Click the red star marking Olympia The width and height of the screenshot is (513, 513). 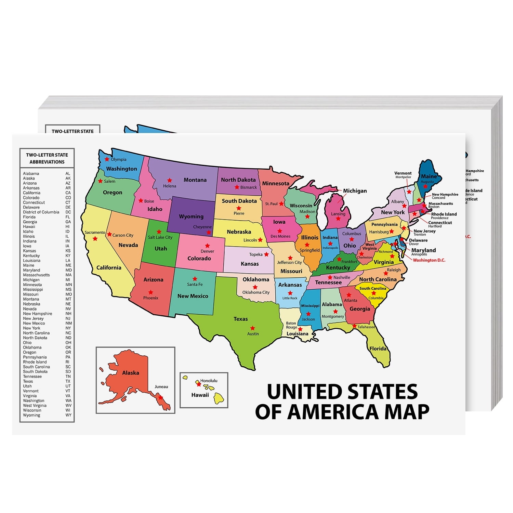[x=107, y=159]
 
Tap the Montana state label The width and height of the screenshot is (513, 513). [x=195, y=180]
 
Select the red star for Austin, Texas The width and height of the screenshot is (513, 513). [x=252, y=328]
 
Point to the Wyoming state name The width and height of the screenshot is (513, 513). [x=191, y=216]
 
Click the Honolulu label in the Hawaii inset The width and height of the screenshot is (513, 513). [x=209, y=381]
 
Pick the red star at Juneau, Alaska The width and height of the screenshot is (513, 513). [x=160, y=397]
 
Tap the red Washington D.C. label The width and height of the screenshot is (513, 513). [x=429, y=260]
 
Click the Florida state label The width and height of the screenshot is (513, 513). [x=378, y=348]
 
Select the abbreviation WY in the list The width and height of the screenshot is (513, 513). [x=68, y=415]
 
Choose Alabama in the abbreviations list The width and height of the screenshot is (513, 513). [x=31, y=173]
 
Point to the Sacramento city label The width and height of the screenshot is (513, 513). [x=95, y=233]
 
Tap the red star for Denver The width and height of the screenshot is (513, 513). [x=207, y=246]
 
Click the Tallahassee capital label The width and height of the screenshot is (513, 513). [x=366, y=327]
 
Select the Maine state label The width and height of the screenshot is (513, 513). [x=429, y=176]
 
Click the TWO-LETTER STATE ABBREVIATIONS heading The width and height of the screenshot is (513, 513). [x=47, y=158]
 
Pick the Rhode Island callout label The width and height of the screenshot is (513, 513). [x=444, y=214]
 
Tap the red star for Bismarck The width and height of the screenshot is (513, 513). [x=237, y=187]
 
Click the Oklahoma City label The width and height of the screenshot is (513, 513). [x=256, y=292]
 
